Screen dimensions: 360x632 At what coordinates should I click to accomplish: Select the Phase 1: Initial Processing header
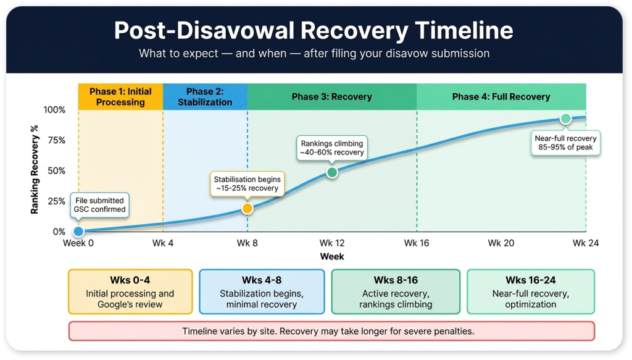120,96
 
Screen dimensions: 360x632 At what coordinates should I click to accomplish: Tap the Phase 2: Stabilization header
205,96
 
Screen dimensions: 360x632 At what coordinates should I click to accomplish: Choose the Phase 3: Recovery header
331,96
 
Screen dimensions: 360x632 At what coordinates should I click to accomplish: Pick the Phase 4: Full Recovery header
501,96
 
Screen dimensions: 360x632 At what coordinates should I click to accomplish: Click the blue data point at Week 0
78,232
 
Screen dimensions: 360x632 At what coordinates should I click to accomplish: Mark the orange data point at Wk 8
247,209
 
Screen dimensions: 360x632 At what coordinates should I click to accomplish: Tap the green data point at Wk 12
331,172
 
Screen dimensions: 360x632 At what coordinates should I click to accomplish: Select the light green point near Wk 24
565,119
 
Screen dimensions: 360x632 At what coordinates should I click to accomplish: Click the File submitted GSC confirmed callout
99,205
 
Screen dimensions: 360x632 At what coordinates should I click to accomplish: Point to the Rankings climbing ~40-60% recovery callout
331,147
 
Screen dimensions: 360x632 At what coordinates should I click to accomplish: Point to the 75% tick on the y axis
55,140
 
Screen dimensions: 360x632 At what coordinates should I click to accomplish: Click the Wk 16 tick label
416,243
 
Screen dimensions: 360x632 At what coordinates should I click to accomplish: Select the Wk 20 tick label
501,243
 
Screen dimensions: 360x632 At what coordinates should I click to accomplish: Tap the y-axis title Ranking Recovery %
35,170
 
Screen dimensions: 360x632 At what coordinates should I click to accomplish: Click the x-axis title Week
331,256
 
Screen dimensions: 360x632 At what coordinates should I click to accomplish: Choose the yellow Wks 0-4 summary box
130,291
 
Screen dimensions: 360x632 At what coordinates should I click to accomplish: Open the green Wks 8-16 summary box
396,291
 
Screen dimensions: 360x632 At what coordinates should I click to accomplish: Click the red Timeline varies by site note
331,331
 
